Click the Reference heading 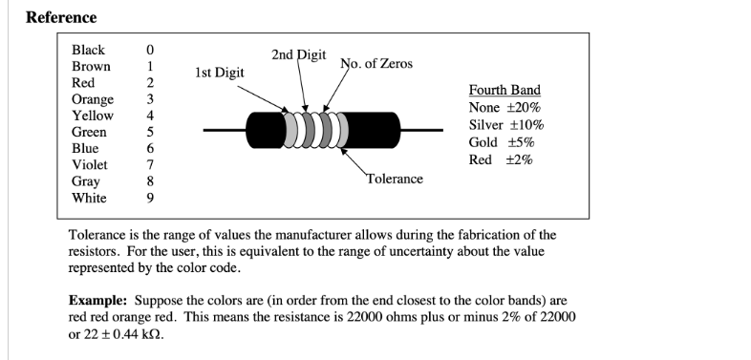coord(61,17)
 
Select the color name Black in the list coord(89,50)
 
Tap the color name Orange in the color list coord(93,99)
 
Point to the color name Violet coord(91,165)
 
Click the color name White coord(90,199)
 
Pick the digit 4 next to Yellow coord(150,116)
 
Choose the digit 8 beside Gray coord(150,181)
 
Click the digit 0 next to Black coord(150,50)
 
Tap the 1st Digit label coord(219,73)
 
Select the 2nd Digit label coord(298,55)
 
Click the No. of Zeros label coord(376,64)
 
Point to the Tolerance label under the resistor coord(394,179)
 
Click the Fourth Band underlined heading coord(504,90)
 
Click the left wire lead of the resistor coord(224,129)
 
